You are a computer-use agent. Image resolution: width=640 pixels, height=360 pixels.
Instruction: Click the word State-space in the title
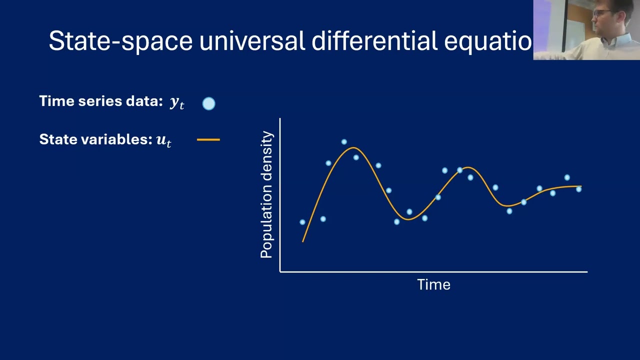tap(120, 41)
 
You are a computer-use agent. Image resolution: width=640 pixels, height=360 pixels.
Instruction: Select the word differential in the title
tap(374, 41)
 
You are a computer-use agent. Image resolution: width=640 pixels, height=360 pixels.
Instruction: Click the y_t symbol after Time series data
tap(177, 102)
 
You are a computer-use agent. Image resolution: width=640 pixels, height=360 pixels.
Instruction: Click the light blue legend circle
tap(209, 103)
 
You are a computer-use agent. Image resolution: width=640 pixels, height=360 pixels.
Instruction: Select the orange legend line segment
tap(208, 140)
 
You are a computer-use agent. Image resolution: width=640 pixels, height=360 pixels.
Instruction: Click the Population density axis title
tap(267, 195)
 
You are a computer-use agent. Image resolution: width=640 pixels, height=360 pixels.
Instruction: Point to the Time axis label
tap(433, 284)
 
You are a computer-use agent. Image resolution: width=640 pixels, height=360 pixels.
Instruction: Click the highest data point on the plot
tap(344, 142)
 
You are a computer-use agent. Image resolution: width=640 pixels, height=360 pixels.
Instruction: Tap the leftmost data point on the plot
tap(302, 222)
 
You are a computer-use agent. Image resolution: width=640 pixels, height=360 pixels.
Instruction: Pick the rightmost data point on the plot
tap(578, 189)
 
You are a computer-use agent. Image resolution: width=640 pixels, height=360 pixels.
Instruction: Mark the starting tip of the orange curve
tap(303, 241)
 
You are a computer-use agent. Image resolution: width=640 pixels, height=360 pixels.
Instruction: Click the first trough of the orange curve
tap(408, 219)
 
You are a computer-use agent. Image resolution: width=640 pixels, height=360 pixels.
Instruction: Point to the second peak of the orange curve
tap(466, 168)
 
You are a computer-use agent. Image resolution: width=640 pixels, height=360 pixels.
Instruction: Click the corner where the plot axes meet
tap(280, 272)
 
